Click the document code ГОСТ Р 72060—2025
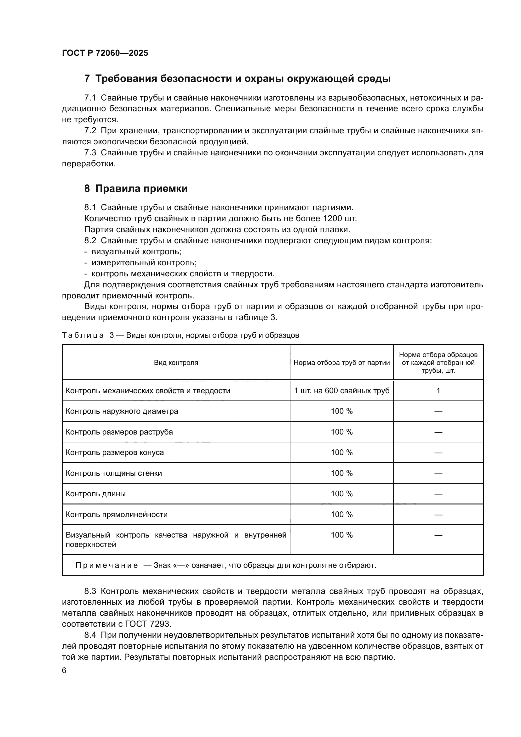[x=105, y=53]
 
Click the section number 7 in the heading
[x=87, y=79]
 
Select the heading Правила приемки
[x=141, y=188]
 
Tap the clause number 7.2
[x=90, y=131]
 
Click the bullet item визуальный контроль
[x=136, y=252]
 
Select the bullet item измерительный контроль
[x=144, y=262]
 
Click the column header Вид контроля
[x=176, y=363]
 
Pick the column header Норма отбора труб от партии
[x=342, y=363]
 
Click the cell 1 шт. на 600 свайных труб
[x=342, y=391]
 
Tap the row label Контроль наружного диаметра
[x=122, y=411]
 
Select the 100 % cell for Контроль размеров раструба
[x=342, y=432]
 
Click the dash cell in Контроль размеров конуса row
[x=438, y=452]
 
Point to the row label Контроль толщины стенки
[x=114, y=473]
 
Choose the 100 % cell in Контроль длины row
[x=342, y=494]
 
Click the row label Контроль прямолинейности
[x=117, y=515]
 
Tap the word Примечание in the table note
[x=107, y=565]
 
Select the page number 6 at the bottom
[x=64, y=671]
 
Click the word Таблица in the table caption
[x=83, y=336]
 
